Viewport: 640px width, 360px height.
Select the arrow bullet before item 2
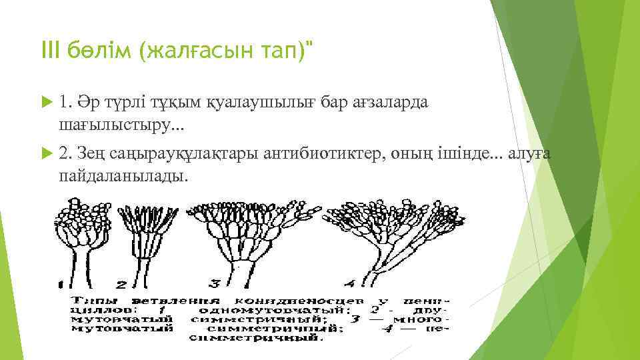coord(45,155)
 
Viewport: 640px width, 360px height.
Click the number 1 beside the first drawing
coord(61,283)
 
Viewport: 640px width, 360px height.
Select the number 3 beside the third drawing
coord(214,283)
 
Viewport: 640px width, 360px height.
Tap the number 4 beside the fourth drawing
coord(349,282)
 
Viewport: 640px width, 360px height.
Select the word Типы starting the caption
coord(92,299)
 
